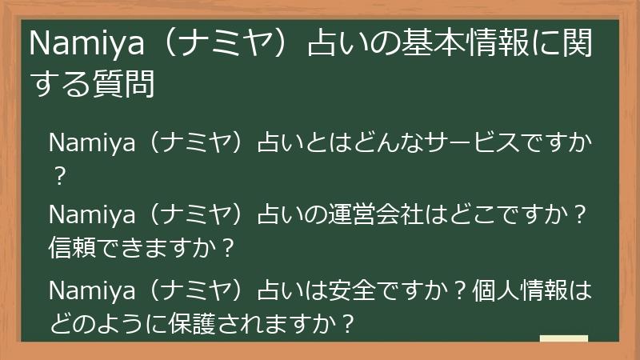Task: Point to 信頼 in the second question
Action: point(73,246)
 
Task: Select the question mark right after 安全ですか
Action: point(460,289)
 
